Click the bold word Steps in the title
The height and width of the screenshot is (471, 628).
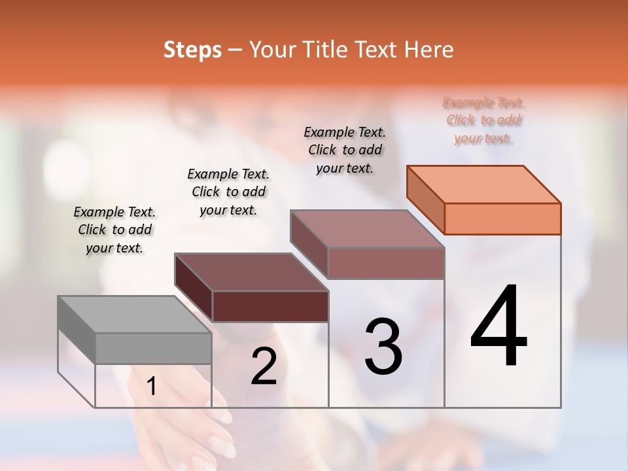coord(192,50)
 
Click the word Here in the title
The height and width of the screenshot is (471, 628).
coord(429,50)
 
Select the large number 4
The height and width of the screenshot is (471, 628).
coord(498,327)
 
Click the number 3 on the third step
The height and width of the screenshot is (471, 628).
coord(383,347)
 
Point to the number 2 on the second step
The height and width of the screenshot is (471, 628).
coord(264,366)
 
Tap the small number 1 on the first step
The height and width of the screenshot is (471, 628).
coord(152,387)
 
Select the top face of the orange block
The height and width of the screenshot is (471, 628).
coord(484,184)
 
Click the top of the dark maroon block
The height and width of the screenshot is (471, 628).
coord(251,271)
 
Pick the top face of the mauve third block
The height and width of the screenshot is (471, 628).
coord(367,228)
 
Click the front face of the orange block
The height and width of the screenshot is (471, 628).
coord(502,218)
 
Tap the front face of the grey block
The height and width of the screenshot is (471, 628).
coord(153,348)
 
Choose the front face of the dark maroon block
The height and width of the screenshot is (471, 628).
coord(270,306)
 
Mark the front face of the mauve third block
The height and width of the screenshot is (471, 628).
coord(386,263)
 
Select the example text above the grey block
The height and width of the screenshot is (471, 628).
coord(114,230)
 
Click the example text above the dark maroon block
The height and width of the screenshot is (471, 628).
coord(228,192)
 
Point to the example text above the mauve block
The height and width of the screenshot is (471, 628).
coord(345,150)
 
